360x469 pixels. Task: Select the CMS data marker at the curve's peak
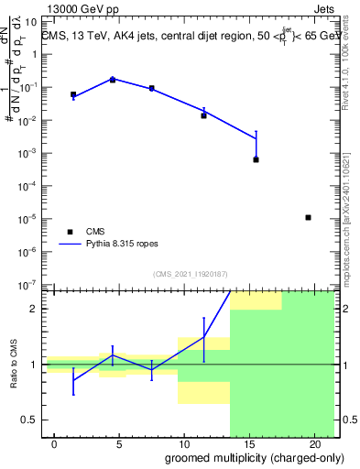point(113,80)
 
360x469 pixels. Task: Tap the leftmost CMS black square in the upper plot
point(73,94)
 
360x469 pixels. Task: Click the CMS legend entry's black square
point(70,232)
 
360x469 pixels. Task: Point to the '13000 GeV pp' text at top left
point(80,7)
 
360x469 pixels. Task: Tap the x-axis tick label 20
point(314,443)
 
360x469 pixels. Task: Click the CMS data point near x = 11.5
point(203,115)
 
